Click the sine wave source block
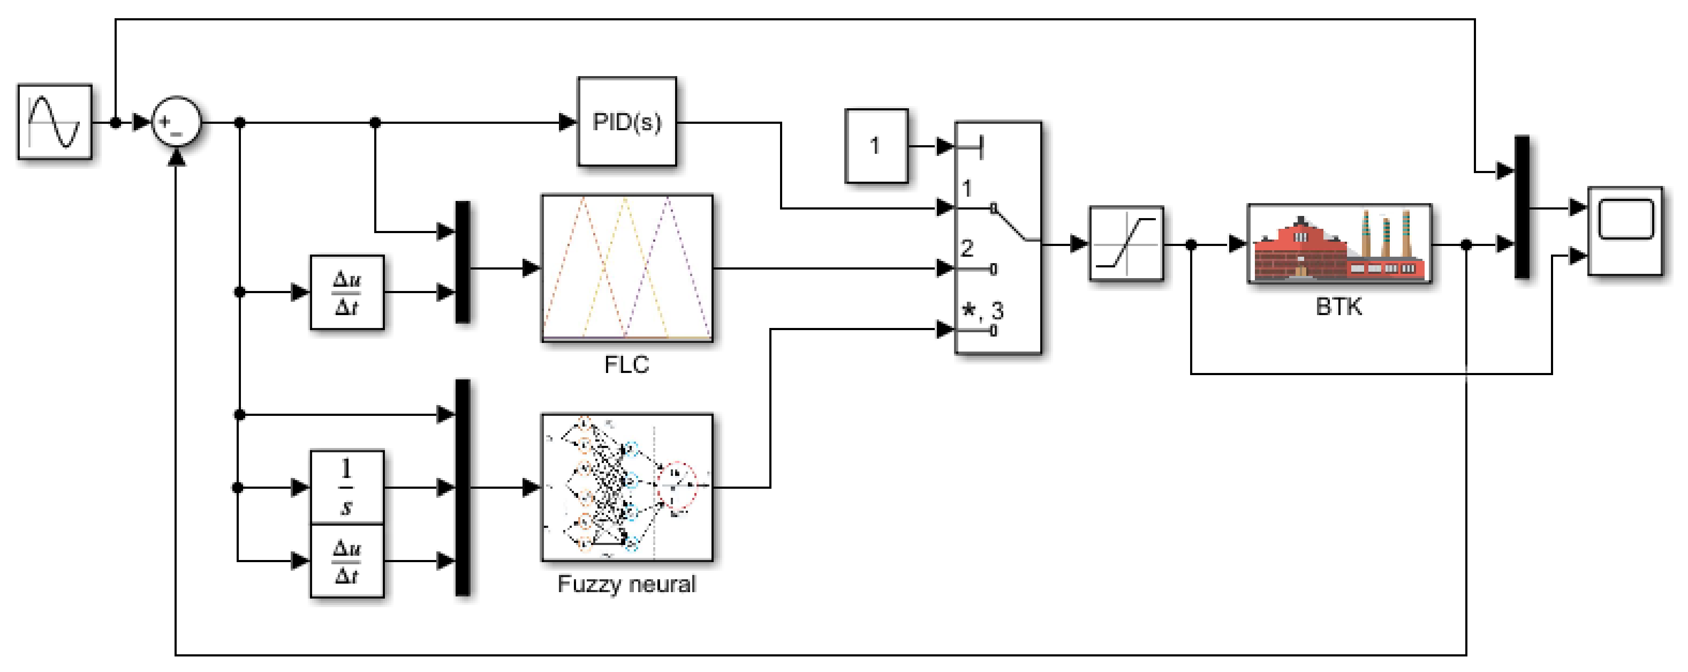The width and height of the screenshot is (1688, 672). click(55, 122)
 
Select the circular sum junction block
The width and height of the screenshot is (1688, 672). click(176, 122)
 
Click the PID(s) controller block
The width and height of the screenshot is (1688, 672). click(626, 122)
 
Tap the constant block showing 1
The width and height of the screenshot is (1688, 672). click(876, 146)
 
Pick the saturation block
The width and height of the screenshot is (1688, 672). click(1126, 244)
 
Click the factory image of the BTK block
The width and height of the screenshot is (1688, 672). click(1339, 244)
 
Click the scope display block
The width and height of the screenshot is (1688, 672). click(1625, 231)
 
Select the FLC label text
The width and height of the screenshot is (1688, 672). click(626, 364)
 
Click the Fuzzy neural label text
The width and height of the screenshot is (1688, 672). click(626, 584)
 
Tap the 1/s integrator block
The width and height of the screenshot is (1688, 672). click(346, 487)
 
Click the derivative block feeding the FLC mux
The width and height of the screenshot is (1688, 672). click(346, 293)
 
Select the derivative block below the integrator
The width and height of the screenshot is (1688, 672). click(346, 561)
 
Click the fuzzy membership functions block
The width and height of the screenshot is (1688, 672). click(626, 267)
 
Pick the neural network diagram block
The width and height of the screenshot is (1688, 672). click(626, 487)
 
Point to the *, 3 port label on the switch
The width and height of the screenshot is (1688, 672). click(982, 310)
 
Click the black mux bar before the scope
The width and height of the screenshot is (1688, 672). click(1522, 207)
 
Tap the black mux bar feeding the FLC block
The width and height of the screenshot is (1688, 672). click(463, 262)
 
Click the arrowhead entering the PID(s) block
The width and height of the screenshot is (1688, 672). click(567, 122)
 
